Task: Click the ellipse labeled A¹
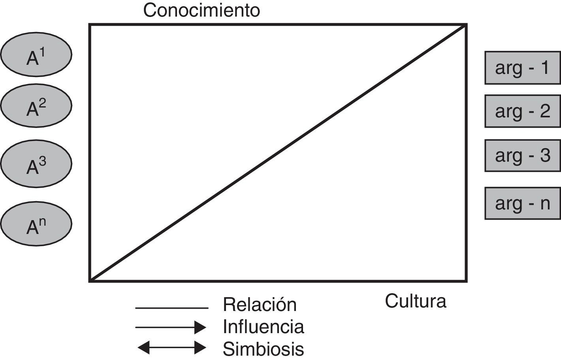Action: pyautogui.click(x=36, y=55)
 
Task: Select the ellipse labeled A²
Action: pyautogui.click(x=36, y=105)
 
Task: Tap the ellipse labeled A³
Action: pyautogui.click(x=36, y=163)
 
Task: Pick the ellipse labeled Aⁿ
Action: pyautogui.click(x=36, y=224)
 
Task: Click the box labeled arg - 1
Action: pyautogui.click(x=522, y=68)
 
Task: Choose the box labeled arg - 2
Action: pyautogui.click(x=522, y=111)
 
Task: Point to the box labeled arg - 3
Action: pyautogui.click(x=522, y=155)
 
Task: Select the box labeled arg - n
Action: pyautogui.click(x=522, y=204)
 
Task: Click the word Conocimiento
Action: pyautogui.click(x=201, y=10)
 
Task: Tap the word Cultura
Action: pyautogui.click(x=416, y=301)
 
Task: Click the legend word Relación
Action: pyautogui.click(x=260, y=305)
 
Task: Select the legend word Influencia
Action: pyautogui.click(x=264, y=327)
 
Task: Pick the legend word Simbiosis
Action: pyautogui.click(x=264, y=349)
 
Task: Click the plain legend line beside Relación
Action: pyautogui.click(x=171, y=308)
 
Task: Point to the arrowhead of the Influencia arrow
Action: pyautogui.click(x=201, y=327)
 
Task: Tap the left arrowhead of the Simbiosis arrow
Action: pyautogui.click(x=143, y=348)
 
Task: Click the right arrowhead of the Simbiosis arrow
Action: pyautogui.click(x=201, y=348)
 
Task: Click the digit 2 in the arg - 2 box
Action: pyautogui.click(x=545, y=111)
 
